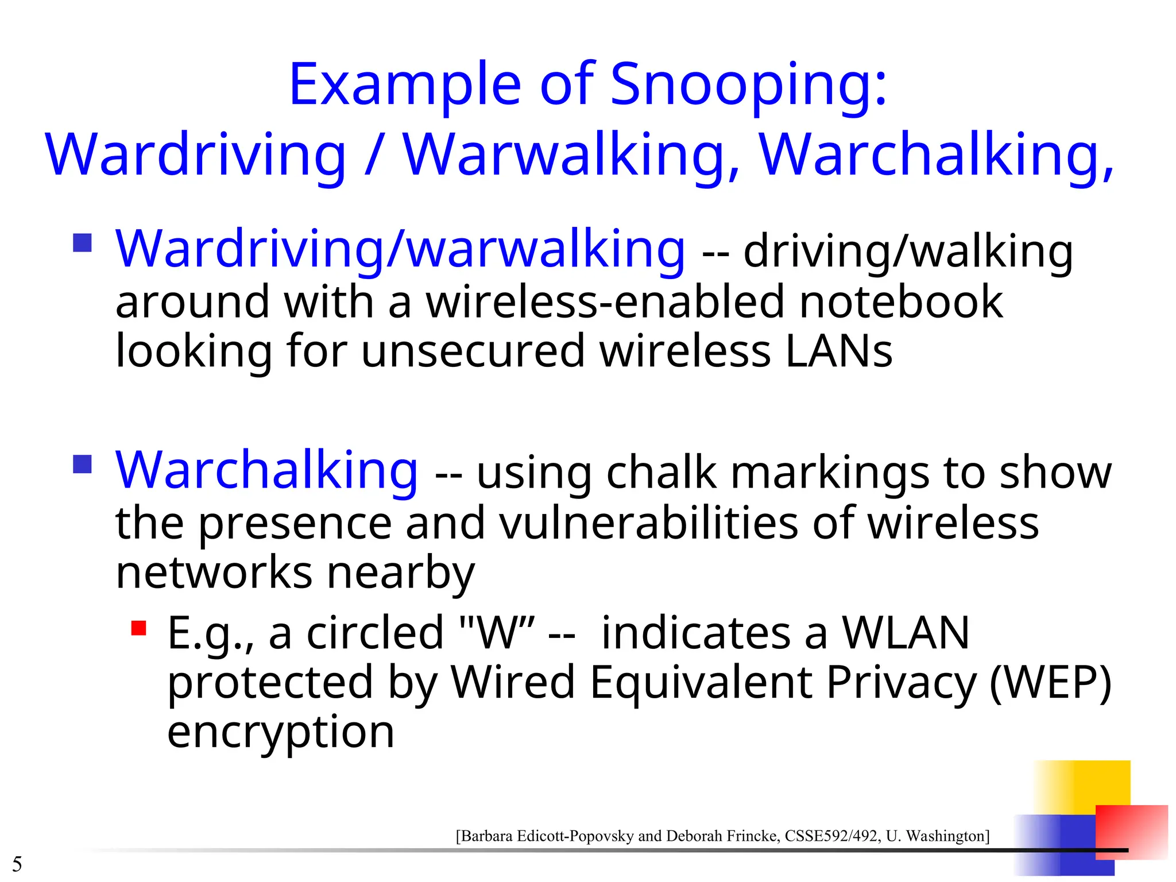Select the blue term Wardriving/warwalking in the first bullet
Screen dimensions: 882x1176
(400, 249)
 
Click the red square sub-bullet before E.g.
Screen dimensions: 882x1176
(138, 628)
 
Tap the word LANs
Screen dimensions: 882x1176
(839, 351)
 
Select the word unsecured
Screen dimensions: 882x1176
(473, 351)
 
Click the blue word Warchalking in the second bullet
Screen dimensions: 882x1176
(266, 470)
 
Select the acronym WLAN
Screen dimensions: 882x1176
(906, 633)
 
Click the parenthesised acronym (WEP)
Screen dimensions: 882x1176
(1050, 682)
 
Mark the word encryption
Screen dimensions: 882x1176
(281, 732)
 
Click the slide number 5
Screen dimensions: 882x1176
(17, 864)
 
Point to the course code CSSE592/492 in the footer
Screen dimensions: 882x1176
(832, 835)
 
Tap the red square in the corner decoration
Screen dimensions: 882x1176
(1131, 831)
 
